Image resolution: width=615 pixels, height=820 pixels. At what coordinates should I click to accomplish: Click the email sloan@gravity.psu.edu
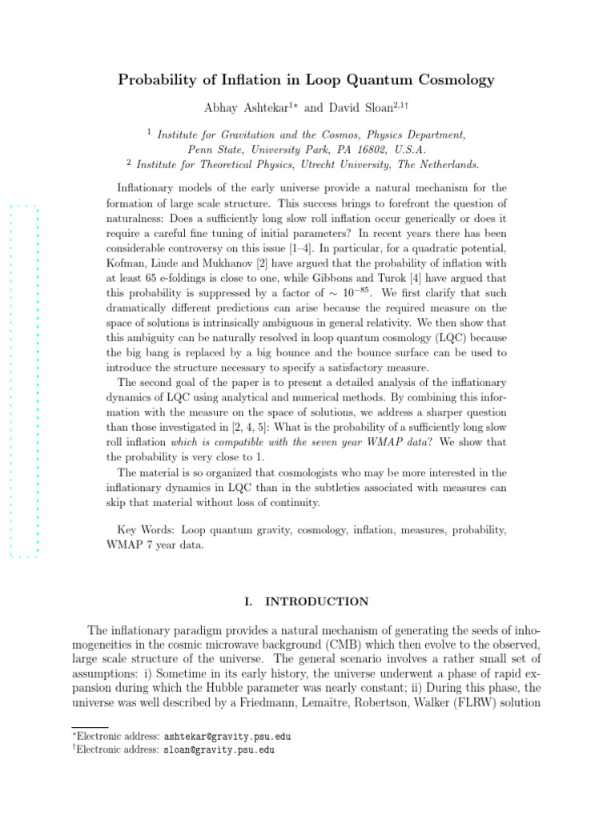(219, 750)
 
